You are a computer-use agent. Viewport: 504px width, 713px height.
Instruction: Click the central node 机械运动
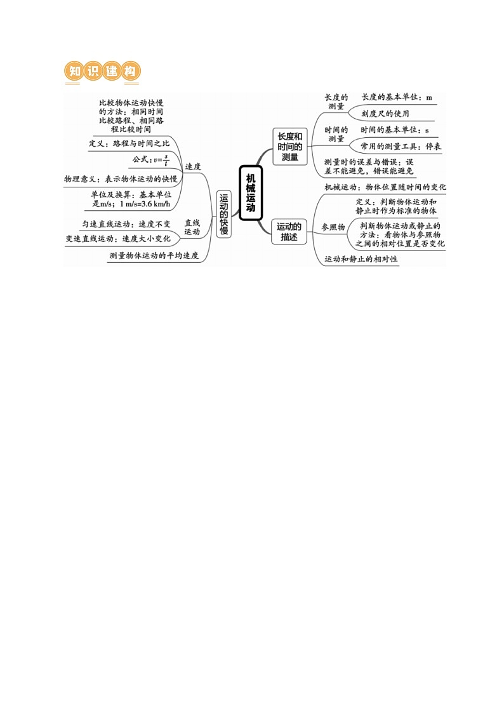(251, 194)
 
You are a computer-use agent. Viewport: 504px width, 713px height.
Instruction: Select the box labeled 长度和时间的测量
(289, 147)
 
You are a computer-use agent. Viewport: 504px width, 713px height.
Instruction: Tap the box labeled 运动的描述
(289, 231)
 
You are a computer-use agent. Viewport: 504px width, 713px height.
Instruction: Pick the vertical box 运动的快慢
(223, 214)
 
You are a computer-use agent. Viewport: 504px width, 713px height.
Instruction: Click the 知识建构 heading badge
(103, 72)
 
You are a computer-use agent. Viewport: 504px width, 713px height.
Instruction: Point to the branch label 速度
(192, 166)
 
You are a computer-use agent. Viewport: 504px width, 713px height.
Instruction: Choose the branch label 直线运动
(192, 227)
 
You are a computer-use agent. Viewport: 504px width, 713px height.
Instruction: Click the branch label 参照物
(333, 227)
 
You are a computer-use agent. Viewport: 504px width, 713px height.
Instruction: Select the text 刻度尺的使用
(385, 114)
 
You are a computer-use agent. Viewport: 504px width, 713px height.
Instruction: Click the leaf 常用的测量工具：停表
(401, 146)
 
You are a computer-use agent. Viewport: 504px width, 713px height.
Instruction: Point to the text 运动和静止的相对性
(361, 259)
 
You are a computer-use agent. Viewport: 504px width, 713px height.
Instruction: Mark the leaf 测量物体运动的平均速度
(154, 256)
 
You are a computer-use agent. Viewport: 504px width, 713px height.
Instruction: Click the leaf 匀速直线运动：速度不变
(126, 223)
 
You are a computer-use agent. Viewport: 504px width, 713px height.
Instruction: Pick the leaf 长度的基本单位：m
(397, 98)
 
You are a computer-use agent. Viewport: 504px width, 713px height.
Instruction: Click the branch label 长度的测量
(336, 102)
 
